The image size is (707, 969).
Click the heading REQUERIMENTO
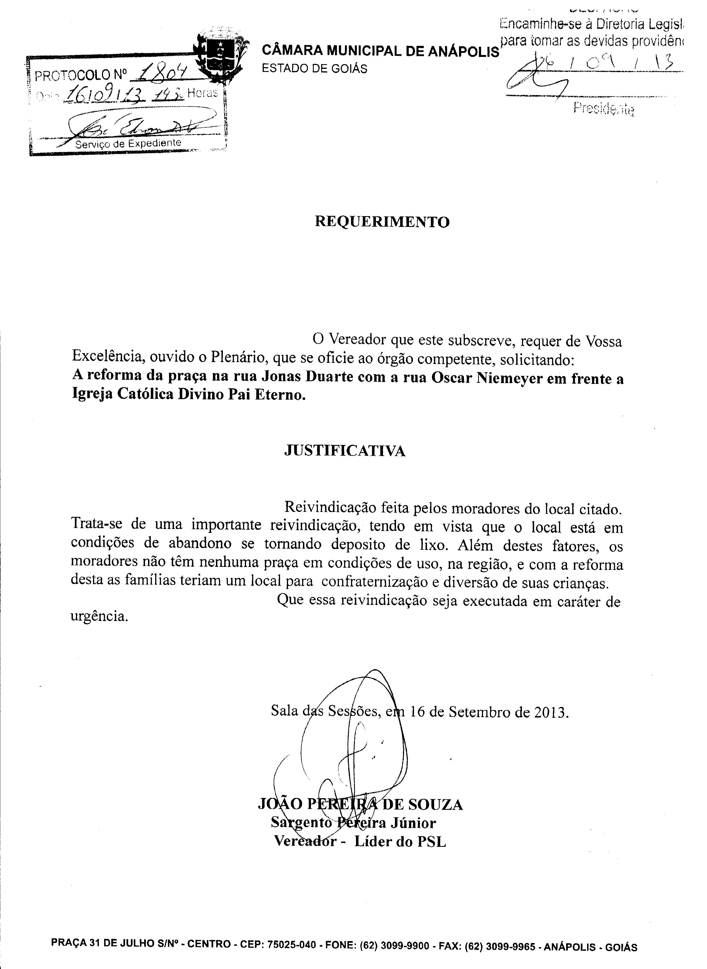point(382,222)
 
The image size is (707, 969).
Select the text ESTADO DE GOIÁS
point(315,69)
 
